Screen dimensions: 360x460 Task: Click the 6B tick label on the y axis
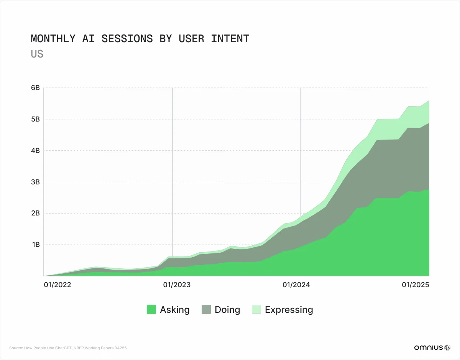click(35, 88)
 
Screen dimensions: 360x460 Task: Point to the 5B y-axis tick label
click(35, 119)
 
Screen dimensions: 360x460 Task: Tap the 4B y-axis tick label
click(35, 151)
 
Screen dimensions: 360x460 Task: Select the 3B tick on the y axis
click(35, 182)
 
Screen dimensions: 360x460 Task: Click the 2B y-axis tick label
click(35, 213)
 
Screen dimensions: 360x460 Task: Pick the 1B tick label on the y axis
click(35, 245)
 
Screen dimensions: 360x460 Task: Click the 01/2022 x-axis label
click(58, 285)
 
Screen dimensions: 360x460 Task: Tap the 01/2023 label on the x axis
click(177, 285)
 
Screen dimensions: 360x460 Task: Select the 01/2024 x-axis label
click(296, 285)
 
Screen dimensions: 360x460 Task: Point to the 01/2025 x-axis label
click(415, 285)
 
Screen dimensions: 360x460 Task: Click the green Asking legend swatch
click(151, 309)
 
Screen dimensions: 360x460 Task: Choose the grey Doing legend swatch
click(206, 309)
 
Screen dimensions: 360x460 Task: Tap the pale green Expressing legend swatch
click(256, 309)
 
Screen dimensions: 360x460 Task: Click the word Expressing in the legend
click(289, 310)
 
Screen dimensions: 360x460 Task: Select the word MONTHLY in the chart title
click(53, 39)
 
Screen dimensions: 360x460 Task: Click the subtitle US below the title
click(37, 54)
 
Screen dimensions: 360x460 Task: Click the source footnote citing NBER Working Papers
click(68, 348)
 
